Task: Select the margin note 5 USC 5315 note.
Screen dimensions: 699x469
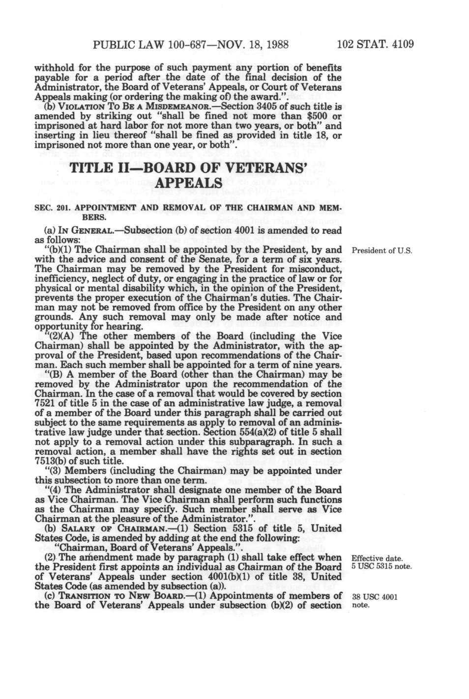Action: (x=382, y=567)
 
